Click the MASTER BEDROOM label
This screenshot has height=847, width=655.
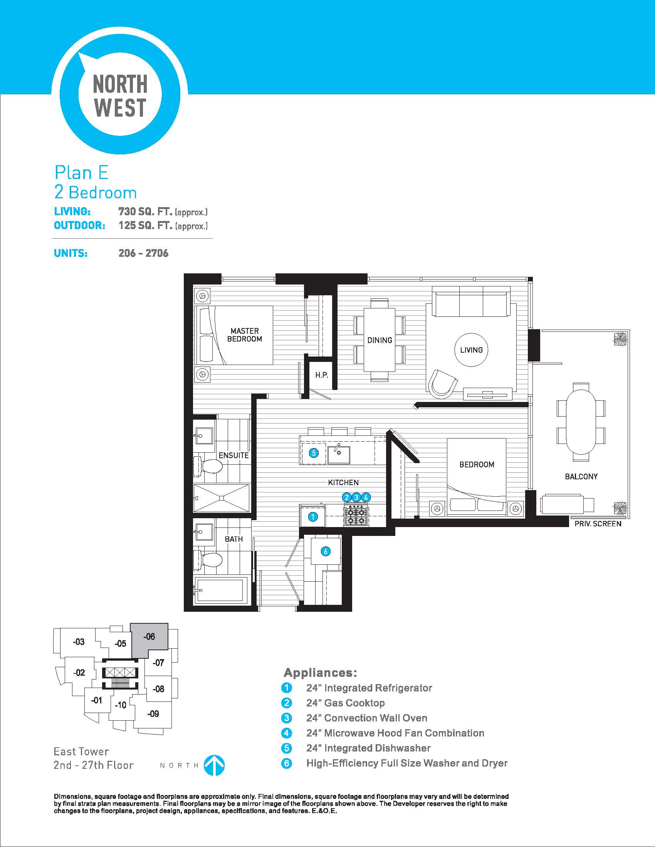click(244, 335)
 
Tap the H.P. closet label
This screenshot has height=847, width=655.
click(322, 375)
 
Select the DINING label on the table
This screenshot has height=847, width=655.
click(380, 340)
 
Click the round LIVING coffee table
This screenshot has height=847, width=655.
click(471, 350)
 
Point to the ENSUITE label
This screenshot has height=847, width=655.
click(233, 455)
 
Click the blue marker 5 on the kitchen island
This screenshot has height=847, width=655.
click(314, 453)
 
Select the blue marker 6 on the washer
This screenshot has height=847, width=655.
click(326, 551)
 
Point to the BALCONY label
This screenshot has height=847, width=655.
click(581, 477)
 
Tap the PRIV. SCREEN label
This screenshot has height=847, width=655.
click(598, 524)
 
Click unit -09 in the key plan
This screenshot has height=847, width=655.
click(153, 713)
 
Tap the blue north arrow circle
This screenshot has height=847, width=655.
click(215, 765)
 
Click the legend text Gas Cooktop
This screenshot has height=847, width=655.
click(354, 703)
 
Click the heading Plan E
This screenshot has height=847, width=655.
click(81, 172)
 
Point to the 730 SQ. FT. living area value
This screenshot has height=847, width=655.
click(146, 211)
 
